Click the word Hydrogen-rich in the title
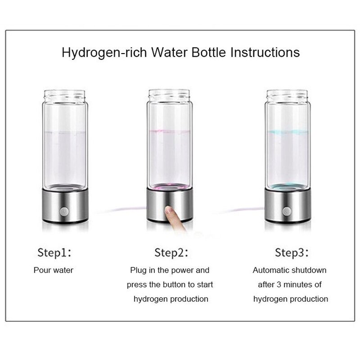(x=104, y=53)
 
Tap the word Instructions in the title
(x=265, y=52)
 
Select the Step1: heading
(x=54, y=253)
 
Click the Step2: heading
(x=171, y=253)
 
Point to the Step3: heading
(x=292, y=253)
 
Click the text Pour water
(x=54, y=270)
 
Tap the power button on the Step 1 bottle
(x=64, y=211)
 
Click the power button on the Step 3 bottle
(x=287, y=211)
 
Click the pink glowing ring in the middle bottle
(x=170, y=187)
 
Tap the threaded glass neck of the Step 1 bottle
(x=64, y=96)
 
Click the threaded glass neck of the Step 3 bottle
(x=287, y=96)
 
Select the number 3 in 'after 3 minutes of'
(x=279, y=285)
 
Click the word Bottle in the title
(x=209, y=52)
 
